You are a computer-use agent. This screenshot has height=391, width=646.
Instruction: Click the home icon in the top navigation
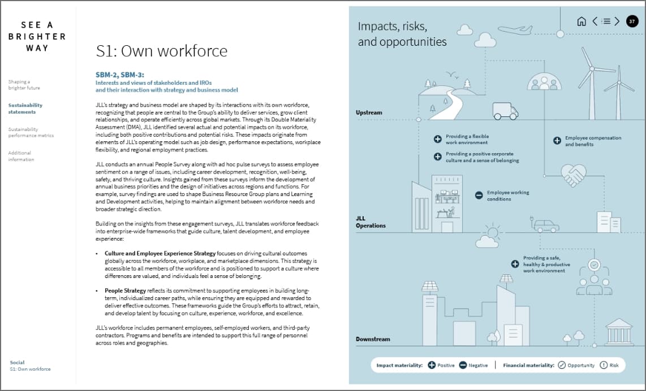[x=581, y=21]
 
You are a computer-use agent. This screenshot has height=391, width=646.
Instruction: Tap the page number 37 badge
[x=632, y=21]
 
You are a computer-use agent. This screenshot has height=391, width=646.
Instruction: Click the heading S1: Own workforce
[x=161, y=51]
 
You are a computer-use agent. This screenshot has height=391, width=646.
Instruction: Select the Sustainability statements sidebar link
[x=25, y=108]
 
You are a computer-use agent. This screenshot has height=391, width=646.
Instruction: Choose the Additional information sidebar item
[x=21, y=156]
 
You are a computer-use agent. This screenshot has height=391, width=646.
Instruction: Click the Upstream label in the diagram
[x=369, y=112]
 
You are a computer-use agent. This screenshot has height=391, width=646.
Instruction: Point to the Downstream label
[x=373, y=339]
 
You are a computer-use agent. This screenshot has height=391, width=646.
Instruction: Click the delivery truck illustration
[x=505, y=111]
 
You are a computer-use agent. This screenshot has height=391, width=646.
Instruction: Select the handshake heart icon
[x=573, y=175]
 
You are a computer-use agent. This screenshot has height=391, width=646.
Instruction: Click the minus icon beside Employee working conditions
[x=479, y=195]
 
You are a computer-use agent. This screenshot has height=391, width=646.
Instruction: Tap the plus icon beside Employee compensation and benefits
[x=557, y=141]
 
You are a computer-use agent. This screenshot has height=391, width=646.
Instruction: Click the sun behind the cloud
[x=493, y=232]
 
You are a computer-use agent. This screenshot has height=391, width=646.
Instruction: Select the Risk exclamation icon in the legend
[x=604, y=365]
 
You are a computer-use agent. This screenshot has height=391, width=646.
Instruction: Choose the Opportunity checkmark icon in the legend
[x=562, y=365]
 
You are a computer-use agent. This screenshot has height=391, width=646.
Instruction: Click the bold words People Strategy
[x=125, y=290]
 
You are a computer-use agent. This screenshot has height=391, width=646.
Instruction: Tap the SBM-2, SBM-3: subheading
[x=120, y=74]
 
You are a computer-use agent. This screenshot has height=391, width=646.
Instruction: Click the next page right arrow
[x=617, y=21]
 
